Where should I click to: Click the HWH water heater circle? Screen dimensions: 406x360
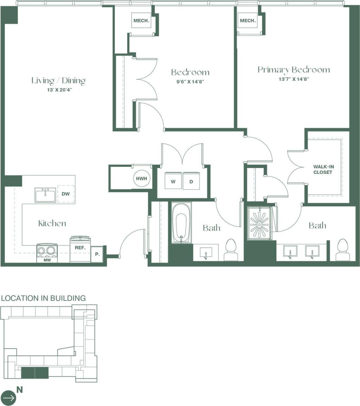pos(141,179)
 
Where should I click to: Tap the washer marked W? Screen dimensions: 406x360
pos(173,182)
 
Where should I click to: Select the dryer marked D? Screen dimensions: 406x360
pos(191,182)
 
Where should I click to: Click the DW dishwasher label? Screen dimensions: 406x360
pos(66,194)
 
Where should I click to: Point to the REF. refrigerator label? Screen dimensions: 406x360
pos(80,248)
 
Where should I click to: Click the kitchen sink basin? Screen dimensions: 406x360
pos(46,196)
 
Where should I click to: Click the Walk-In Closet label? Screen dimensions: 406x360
pos(323,169)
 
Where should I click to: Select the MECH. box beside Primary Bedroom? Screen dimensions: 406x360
pos(248,21)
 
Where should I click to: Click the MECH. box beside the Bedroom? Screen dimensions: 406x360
pos(141,21)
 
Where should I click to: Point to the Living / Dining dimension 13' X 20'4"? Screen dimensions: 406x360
pos(59,90)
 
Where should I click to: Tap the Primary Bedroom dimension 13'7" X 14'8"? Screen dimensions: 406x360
pos(294,79)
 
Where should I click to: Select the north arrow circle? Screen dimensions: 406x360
pos(8,398)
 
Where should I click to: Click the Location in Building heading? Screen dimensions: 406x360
pos(43,298)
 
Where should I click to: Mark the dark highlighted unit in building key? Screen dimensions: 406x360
pos(35,373)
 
